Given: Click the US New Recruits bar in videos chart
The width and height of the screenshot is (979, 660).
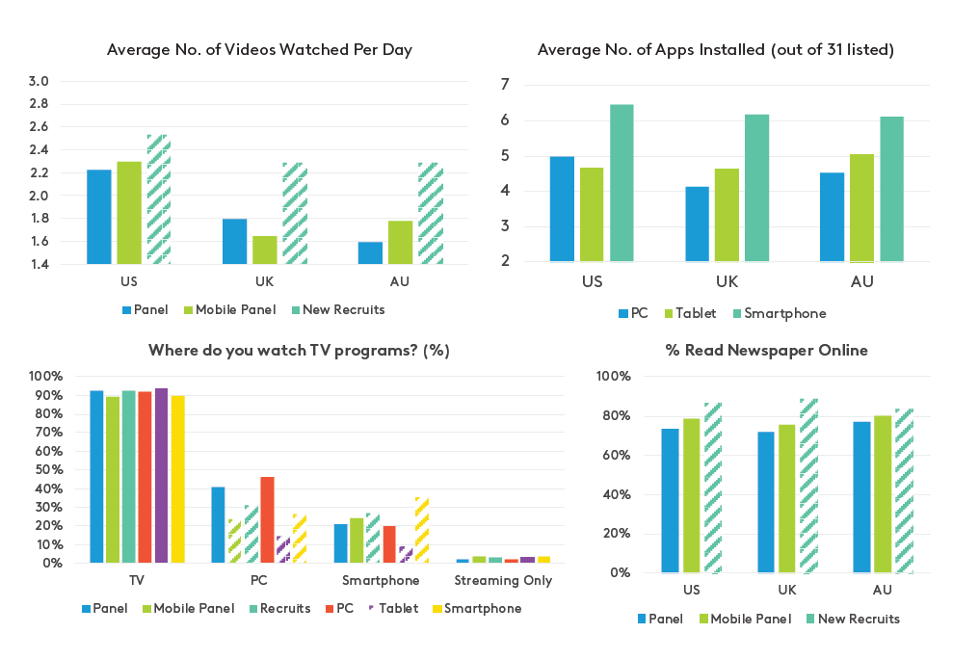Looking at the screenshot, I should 159,199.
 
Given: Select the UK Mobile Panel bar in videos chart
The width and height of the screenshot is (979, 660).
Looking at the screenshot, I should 265,251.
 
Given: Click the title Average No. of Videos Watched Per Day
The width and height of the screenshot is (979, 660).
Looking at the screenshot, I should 259,49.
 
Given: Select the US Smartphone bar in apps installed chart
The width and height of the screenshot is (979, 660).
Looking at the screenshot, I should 622,183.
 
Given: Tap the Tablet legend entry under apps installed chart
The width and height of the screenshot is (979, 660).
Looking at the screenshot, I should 699,313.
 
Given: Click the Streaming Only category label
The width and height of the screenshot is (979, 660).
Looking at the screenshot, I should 503,581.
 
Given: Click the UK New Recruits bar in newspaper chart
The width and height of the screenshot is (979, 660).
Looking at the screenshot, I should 807,486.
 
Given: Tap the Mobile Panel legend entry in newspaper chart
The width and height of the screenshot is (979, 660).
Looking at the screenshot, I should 745,619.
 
